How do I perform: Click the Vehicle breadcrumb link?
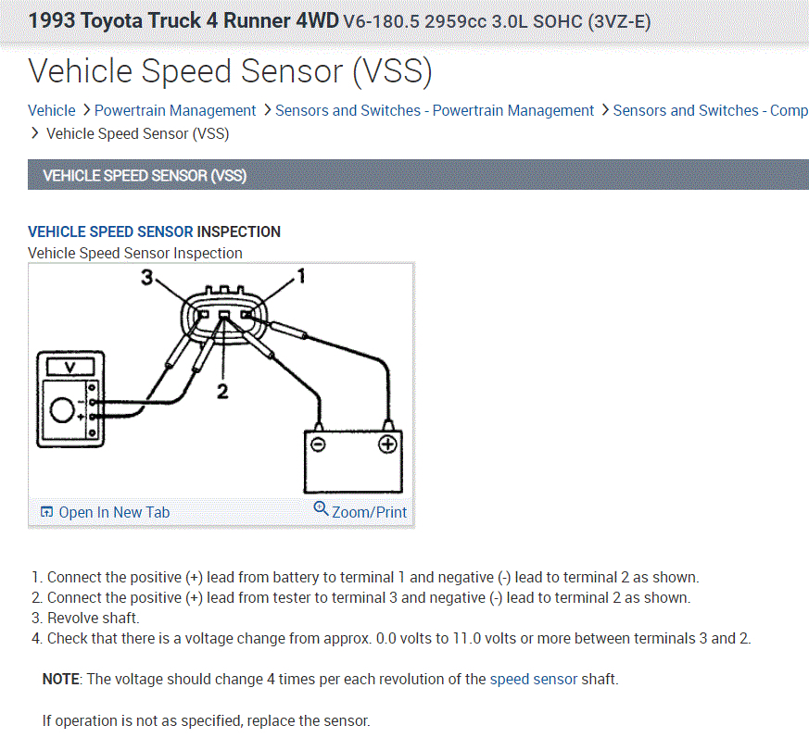52,110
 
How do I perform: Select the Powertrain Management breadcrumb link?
175,110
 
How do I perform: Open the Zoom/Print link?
368,511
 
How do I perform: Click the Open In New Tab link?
113,512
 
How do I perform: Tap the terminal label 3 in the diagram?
145,276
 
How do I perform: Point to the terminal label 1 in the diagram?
298,275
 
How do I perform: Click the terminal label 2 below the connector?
222,391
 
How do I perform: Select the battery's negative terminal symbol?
317,444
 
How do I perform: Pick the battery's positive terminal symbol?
387,444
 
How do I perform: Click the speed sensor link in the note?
533,679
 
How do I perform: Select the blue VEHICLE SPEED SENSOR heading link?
110,231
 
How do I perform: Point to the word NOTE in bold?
61,679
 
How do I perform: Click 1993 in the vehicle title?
52,20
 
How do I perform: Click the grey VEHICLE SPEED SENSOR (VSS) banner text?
145,175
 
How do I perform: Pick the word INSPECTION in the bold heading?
239,231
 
